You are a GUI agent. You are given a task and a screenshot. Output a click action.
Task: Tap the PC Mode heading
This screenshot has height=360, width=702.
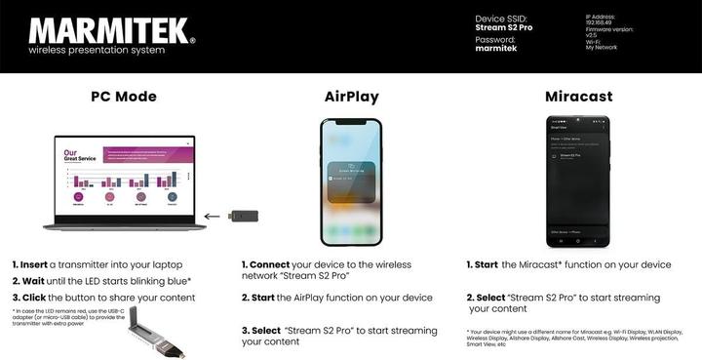[124, 97]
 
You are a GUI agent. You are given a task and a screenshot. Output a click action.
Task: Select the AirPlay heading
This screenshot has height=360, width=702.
[351, 97]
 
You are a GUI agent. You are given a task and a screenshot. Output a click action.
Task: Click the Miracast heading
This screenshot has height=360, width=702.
[577, 97]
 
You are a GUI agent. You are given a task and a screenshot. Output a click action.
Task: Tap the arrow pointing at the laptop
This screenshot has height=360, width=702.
[212, 216]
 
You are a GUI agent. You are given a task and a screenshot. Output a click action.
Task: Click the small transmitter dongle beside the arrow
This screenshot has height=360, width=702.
[241, 216]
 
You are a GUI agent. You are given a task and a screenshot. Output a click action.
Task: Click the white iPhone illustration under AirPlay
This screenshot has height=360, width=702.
[351, 182]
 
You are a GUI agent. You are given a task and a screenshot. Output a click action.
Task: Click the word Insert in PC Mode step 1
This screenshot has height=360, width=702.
[33, 264]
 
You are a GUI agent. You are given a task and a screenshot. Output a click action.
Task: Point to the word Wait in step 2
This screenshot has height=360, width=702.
[31, 280]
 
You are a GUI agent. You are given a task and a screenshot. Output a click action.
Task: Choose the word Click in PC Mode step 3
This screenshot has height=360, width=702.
[32, 296]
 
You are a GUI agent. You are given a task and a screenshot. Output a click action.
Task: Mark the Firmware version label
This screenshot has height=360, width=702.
[609, 29]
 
